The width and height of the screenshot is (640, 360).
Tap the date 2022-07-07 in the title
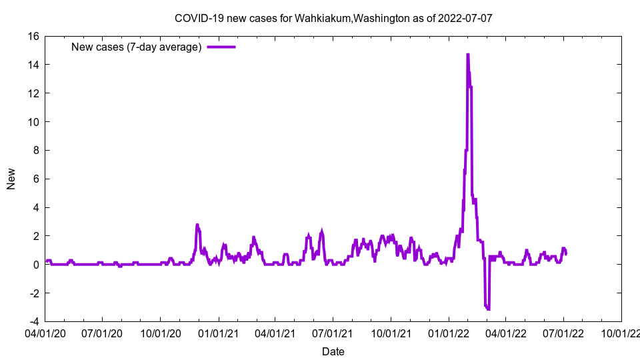(465, 18)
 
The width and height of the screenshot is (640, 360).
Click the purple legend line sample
(221, 47)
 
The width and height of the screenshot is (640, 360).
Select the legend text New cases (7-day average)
(136, 47)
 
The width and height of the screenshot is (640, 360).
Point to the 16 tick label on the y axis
(33, 36)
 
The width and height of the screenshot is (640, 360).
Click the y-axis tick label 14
(33, 65)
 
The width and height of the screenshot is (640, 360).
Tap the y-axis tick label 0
(36, 265)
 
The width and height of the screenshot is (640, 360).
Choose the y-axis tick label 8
(36, 151)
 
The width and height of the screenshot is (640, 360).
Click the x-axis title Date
(333, 351)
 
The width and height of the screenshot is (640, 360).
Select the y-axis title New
(11, 179)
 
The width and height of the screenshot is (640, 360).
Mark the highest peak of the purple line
(468, 55)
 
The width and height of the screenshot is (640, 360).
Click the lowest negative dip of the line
(488, 309)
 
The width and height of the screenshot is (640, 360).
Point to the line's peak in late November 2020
(197, 225)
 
